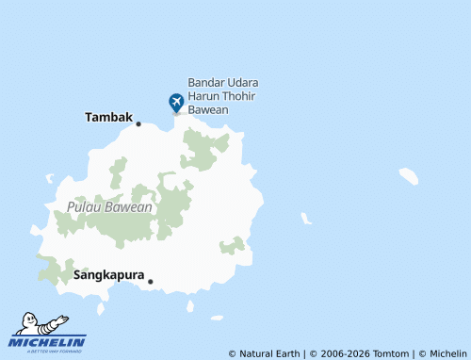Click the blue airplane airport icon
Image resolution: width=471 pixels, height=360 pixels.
point(176,102)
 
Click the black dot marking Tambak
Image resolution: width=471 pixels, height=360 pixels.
point(138,123)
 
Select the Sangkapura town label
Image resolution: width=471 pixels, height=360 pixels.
point(108,276)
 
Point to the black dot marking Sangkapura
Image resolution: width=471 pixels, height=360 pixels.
point(151,281)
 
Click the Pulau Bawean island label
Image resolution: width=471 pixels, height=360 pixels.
point(109,207)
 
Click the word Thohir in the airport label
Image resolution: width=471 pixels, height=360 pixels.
point(241,96)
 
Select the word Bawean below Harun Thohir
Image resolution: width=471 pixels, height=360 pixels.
point(208,109)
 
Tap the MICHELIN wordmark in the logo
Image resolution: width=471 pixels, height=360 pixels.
point(49,341)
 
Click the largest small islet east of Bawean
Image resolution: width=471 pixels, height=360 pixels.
point(408,175)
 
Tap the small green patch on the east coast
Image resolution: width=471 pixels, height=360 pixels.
point(232,246)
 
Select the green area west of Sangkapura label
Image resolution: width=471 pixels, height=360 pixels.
point(55,270)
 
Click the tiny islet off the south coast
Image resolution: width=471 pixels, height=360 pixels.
point(190,306)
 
